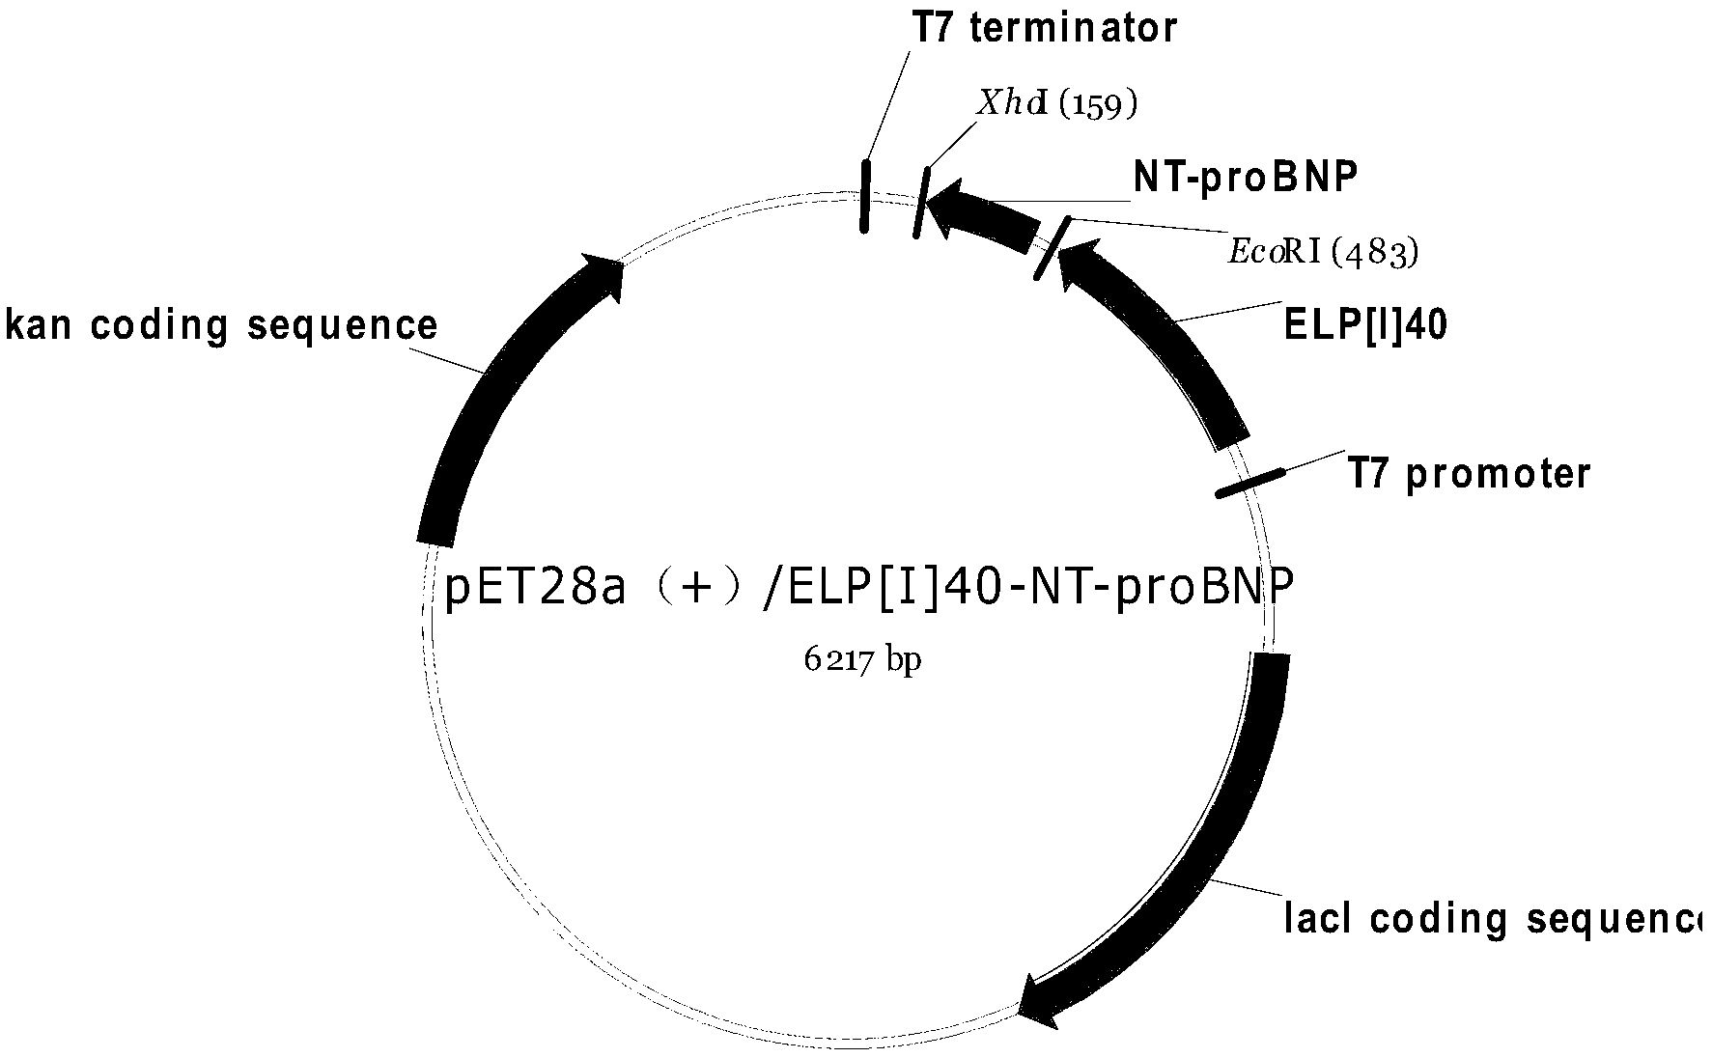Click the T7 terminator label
point(1045,28)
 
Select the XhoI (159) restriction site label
point(1056,103)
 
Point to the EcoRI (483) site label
point(1323,253)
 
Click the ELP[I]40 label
point(1364,327)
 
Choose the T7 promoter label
point(1469,474)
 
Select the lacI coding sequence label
point(1492,918)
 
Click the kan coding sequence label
point(222,326)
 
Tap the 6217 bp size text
point(862,660)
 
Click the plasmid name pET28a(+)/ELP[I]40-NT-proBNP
point(868,587)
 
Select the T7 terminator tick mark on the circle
point(865,196)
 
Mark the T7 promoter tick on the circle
point(1250,483)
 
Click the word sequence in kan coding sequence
point(343,326)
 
